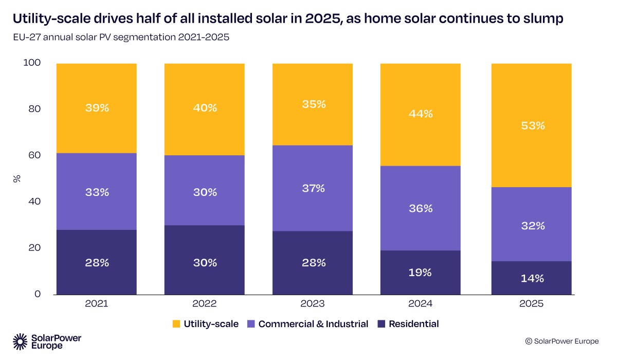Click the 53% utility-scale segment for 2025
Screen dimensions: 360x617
click(x=532, y=125)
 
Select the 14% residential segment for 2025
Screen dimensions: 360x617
click(x=532, y=278)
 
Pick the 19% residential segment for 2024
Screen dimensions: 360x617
click(x=420, y=273)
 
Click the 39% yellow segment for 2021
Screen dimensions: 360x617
click(x=97, y=108)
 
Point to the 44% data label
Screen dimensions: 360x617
click(x=420, y=114)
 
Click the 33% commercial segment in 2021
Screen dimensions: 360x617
click(x=97, y=192)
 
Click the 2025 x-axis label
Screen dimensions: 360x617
click(x=532, y=304)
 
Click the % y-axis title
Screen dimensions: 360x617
click(x=16, y=178)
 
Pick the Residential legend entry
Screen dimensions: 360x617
click(x=408, y=324)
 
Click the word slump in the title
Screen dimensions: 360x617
click(x=546, y=20)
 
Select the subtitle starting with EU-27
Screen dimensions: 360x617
click(x=121, y=38)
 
